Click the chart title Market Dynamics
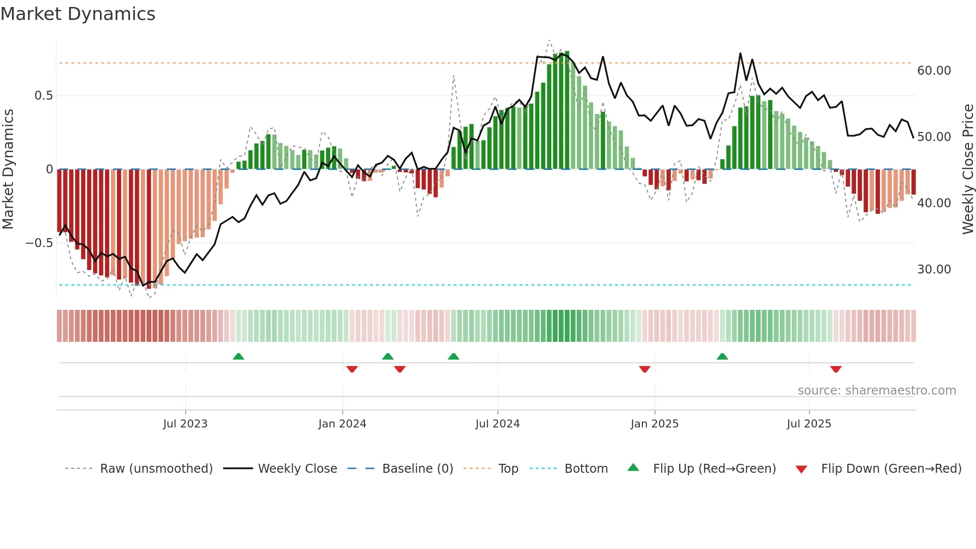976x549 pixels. pos(78,14)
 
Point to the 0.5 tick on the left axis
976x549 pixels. pos(43,96)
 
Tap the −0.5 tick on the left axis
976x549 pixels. pos(39,243)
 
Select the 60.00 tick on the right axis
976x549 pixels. pos(934,71)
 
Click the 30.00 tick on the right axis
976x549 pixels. pos(934,270)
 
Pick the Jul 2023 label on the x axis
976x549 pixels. pos(185,424)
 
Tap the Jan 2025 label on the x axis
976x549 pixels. pos(654,424)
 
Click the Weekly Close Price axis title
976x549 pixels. pos(968,169)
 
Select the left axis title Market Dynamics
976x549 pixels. pos(8,169)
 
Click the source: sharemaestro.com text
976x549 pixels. pos(876,391)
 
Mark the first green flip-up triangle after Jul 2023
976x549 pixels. pos(239,357)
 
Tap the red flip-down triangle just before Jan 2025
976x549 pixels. pos(644,369)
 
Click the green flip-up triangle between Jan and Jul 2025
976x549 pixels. pos(722,357)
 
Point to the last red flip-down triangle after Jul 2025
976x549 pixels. pos(836,369)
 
